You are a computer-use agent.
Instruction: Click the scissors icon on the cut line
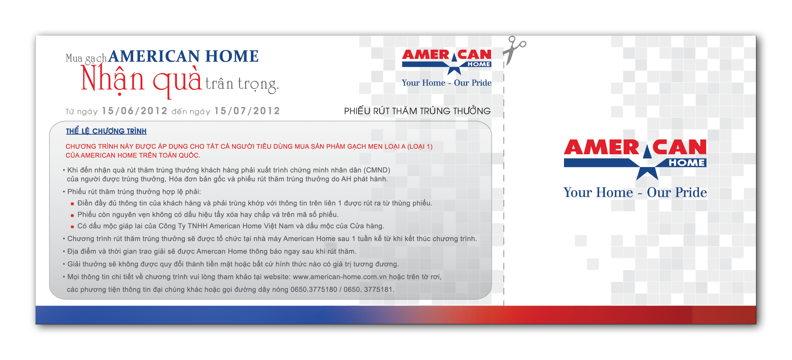coord(514,50)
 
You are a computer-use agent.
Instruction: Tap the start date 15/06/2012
coord(135,111)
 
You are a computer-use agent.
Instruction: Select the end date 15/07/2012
coord(247,111)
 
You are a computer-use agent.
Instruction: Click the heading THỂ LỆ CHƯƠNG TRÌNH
coord(106,131)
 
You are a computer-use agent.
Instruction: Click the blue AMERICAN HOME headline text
coord(183,56)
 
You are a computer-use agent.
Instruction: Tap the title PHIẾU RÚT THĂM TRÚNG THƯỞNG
coord(417,111)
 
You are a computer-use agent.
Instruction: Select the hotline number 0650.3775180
coord(314,289)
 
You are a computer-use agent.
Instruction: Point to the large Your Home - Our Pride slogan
coord(635,192)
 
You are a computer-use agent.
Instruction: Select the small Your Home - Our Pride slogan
coord(446,83)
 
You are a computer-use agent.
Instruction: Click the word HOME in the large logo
coord(687,163)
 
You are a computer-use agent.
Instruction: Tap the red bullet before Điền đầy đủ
coord(72,204)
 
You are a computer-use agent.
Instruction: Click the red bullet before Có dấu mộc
coord(72,226)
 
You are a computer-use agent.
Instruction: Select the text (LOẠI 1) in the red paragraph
coord(420,146)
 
